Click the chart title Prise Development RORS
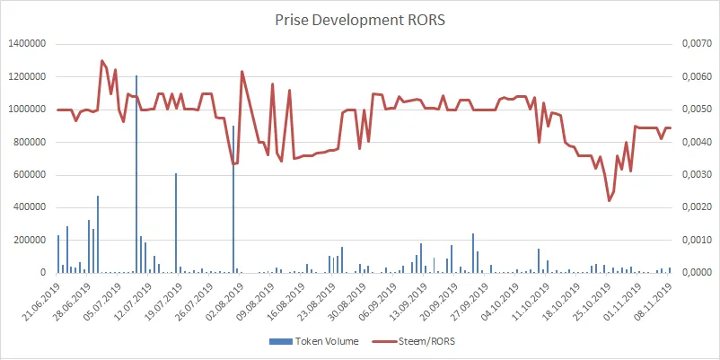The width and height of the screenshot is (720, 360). [360, 18]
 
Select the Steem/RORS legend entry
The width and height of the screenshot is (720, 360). [413, 341]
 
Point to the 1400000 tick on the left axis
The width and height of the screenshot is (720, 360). [27, 44]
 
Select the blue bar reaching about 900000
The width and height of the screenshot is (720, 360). [233, 198]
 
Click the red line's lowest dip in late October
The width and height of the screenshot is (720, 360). [610, 200]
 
